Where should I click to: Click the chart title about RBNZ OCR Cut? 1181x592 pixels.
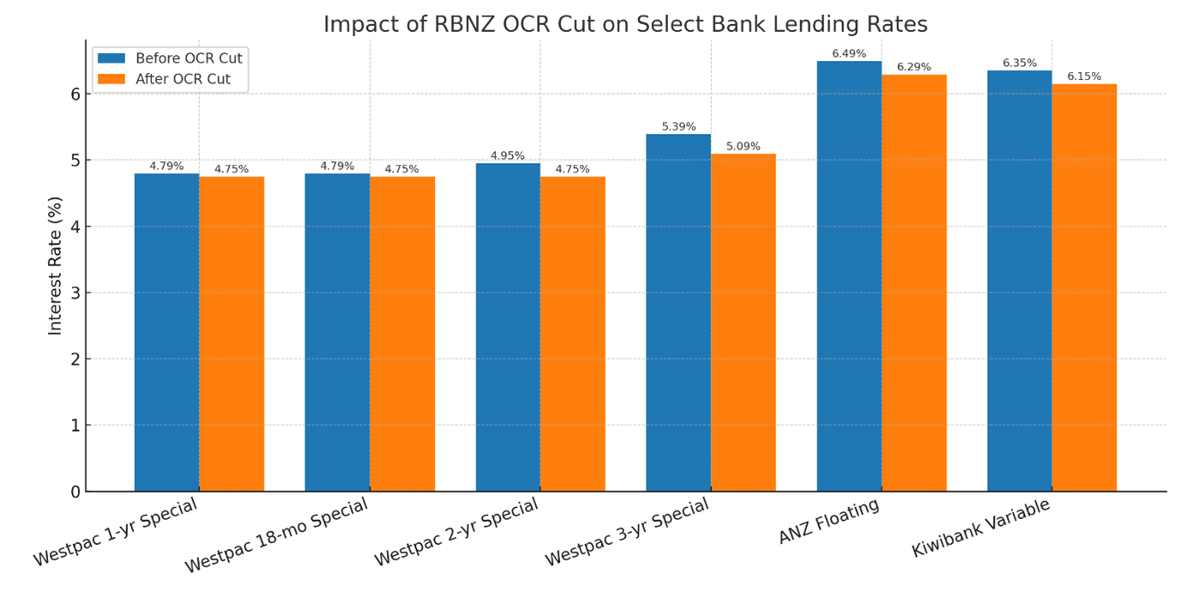pos(625,25)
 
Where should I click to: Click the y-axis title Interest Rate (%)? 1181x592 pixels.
pos(56,266)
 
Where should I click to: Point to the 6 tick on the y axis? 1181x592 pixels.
pos(75,94)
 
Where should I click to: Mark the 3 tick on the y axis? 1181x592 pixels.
pos(75,293)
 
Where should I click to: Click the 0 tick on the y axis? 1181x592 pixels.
pos(75,492)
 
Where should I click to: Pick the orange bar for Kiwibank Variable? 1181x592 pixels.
pos(1084,287)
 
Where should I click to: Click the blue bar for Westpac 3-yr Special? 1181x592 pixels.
pos(678,312)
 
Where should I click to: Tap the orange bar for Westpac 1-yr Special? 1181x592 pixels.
pos(232,334)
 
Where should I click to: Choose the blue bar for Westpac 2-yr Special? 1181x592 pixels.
pos(508,327)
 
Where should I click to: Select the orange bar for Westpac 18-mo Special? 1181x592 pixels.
pos(401,334)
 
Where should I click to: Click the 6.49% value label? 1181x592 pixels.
pos(848,53)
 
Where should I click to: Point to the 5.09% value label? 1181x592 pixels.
pos(743,147)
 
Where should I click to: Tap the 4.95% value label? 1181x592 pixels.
pos(507,156)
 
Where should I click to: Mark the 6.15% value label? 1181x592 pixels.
pos(1084,76)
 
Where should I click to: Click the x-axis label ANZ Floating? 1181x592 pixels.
pos(829,522)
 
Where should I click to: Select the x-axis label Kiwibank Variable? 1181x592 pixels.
pos(980,528)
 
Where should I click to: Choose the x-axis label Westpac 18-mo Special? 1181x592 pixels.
pos(276,536)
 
